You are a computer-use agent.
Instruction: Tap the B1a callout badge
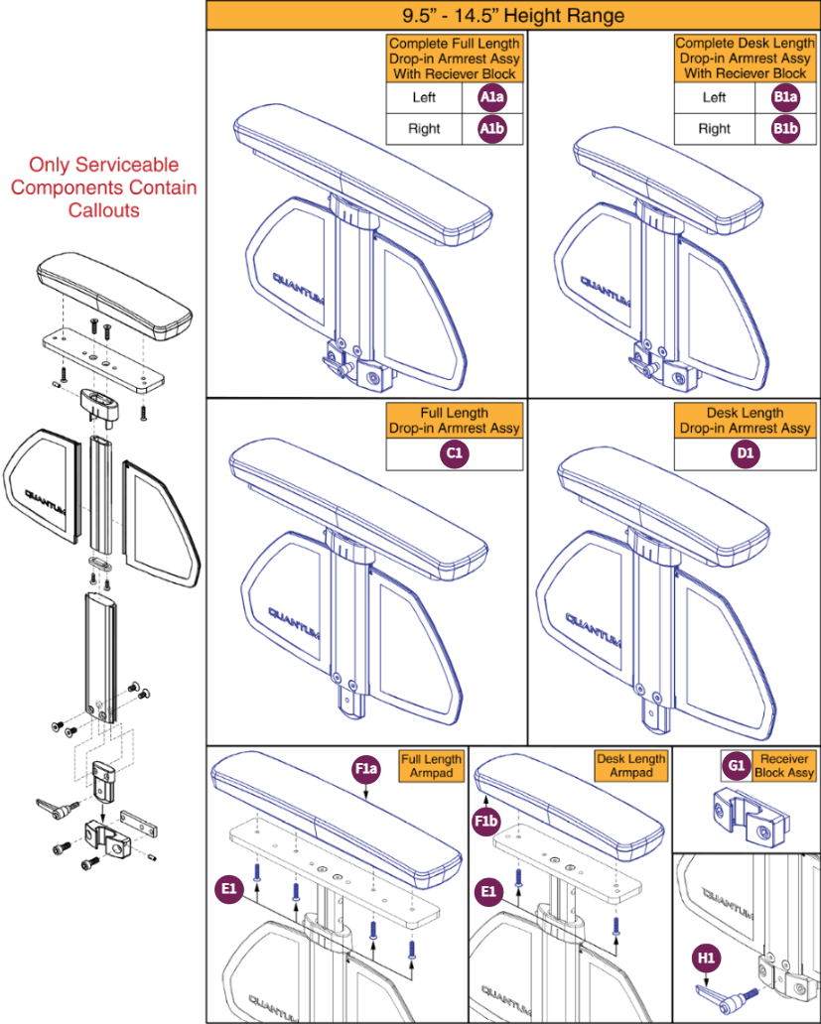[785, 97]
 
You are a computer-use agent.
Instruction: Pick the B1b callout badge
[785, 128]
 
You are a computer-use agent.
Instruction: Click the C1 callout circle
[454, 453]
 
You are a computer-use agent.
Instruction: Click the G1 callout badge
[737, 765]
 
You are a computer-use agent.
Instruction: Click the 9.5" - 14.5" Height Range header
[512, 16]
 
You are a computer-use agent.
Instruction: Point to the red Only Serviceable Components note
[104, 188]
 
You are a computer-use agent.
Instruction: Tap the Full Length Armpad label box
[431, 766]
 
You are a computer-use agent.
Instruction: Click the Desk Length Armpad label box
[631, 766]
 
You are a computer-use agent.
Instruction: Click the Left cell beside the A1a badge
[424, 98]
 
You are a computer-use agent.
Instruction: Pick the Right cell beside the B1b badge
[714, 128]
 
